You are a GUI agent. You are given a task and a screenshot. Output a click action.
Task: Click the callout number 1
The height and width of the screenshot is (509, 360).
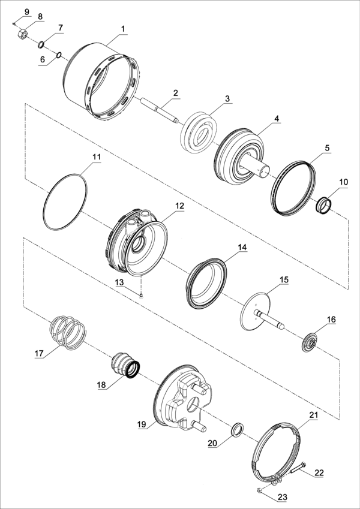pyautogui.click(x=123, y=29)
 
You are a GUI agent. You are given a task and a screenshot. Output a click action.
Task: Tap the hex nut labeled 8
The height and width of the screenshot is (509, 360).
pyautogui.click(x=22, y=35)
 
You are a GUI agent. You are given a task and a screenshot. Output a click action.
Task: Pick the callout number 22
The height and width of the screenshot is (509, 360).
pyautogui.click(x=319, y=472)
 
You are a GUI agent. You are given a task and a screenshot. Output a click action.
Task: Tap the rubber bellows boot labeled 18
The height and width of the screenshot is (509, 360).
pyautogui.click(x=124, y=365)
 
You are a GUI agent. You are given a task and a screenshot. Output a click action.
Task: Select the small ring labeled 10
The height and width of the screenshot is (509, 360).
pyautogui.click(x=325, y=204)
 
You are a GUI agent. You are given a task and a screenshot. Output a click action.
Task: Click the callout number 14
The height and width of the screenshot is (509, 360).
pyautogui.click(x=242, y=247)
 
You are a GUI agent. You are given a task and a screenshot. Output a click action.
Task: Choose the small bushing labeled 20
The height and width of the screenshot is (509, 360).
pyautogui.click(x=238, y=429)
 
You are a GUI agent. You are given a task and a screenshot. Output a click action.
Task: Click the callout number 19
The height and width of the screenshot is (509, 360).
pyautogui.click(x=142, y=424)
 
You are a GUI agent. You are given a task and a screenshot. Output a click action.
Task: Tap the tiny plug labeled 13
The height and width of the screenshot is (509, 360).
pyautogui.click(x=140, y=294)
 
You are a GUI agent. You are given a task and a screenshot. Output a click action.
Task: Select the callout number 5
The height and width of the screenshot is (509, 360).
pyautogui.click(x=326, y=147)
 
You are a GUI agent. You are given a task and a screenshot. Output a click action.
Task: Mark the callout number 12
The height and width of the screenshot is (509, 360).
pyautogui.click(x=179, y=205)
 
